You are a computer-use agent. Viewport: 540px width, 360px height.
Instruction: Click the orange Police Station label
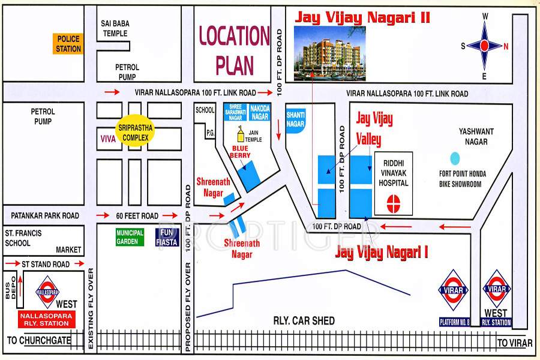68,44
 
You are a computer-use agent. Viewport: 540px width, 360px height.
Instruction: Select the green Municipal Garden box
130,237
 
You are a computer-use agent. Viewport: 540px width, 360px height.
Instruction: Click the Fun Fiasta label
169,237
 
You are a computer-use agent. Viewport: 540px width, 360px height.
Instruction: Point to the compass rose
485,46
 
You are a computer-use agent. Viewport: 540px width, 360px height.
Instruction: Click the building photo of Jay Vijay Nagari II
330,53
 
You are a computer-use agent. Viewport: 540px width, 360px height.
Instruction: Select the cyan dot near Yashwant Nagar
455,158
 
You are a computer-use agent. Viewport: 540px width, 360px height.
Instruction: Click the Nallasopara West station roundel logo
47,292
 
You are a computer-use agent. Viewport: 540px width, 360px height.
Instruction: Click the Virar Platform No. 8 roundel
453,290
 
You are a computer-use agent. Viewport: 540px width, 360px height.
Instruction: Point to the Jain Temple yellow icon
241,131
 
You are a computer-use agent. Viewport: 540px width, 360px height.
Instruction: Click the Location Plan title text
235,50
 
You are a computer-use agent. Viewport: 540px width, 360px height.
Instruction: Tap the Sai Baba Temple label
115,28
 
